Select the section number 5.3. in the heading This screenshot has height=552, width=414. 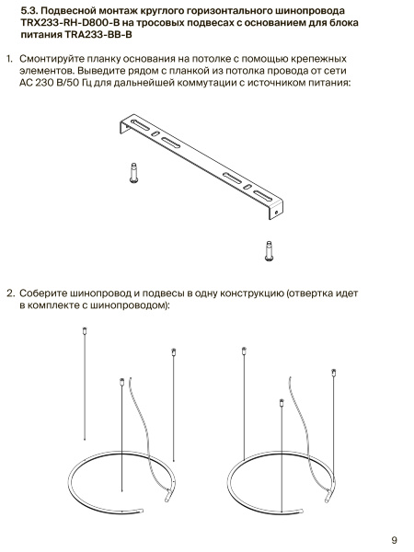click(x=29, y=11)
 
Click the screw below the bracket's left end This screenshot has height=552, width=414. click(x=133, y=173)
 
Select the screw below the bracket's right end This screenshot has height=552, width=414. click(x=269, y=251)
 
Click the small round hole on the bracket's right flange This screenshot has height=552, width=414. click(x=276, y=213)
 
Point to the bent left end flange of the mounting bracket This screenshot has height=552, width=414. click(x=124, y=127)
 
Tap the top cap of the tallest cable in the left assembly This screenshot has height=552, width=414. click(x=85, y=331)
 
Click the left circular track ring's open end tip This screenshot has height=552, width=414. click(x=142, y=511)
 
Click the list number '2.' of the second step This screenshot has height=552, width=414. click(x=10, y=293)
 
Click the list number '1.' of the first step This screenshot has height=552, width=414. click(x=9, y=59)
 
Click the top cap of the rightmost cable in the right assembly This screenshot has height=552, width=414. click(x=334, y=373)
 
